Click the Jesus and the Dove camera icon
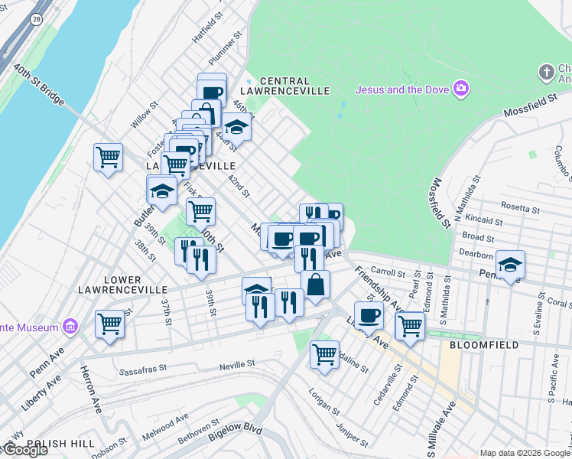click(460, 89)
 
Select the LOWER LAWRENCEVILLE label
click(122, 285)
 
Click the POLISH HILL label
click(60, 444)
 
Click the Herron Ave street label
click(90, 389)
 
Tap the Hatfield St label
click(208, 25)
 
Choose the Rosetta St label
click(519, 206)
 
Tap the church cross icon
click(546, 73)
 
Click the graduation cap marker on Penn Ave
click(510, 265)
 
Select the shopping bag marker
click(314, 285)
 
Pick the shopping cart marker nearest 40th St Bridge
click(108, 158)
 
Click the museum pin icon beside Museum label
click(70, 327)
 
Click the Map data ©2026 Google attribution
click(525, 453)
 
